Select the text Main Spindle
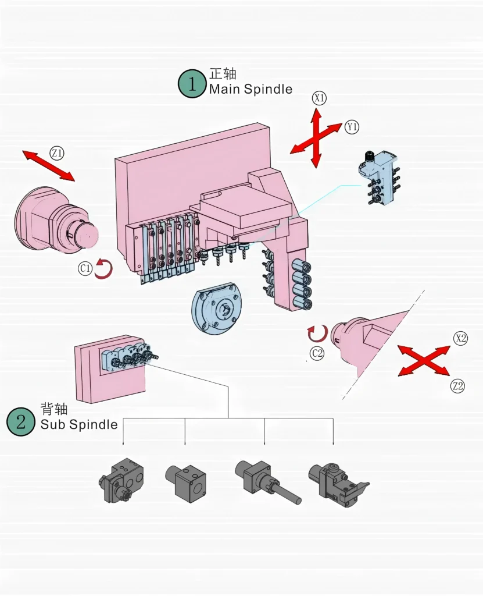(251, 89)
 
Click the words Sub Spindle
(79, 424)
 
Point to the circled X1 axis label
(319, 98)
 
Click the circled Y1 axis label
(352, 127)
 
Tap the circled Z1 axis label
(57, 153)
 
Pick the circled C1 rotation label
(85, 268)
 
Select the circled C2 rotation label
(317, 352)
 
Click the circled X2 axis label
(460, 339)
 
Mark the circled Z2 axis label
(458, 385)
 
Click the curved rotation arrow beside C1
(103, 269)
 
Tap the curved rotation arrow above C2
(317, 334)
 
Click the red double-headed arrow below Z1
(49, 166)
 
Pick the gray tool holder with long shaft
(268, 483)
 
